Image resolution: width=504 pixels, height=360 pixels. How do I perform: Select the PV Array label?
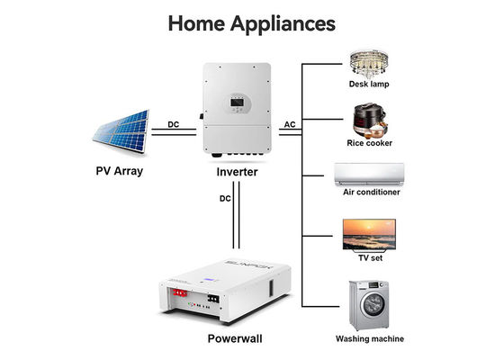(x=120, y=169)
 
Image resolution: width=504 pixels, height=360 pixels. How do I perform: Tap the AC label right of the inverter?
(x=291, y=125)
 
